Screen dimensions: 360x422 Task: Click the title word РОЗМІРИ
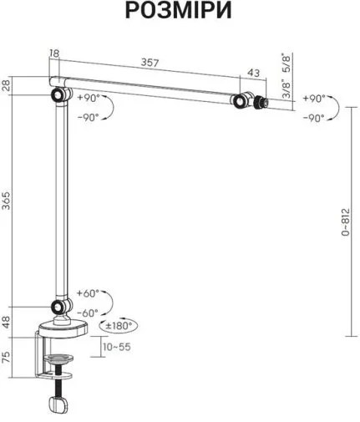179,10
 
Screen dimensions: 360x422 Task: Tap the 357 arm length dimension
150,63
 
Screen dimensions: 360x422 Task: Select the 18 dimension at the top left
54,53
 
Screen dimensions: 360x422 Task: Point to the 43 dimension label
253,73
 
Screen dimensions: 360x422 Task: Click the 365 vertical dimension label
6,201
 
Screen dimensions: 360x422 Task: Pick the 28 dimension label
6,85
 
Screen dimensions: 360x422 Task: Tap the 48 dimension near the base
6,323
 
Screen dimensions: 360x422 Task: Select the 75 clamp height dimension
6,357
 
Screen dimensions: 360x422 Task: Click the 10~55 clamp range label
117,347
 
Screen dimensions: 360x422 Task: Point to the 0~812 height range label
345,222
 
